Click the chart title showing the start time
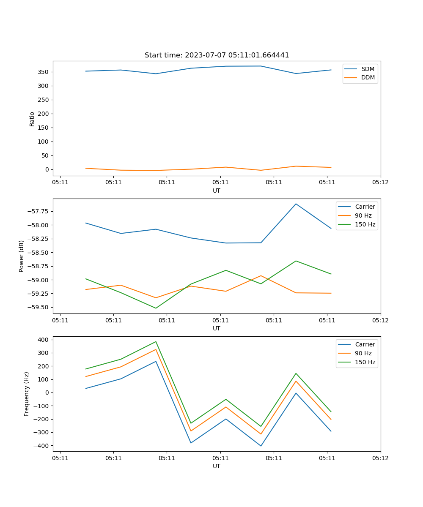(x=217, y=55)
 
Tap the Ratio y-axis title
(x=32, y=119)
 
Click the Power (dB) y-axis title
(x=22, y=256)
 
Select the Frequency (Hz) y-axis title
(x=27, y=394)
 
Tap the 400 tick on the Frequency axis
(x=44, y=339)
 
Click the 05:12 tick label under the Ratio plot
(x=380, y=183)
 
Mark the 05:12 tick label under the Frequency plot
(x=380, y=458)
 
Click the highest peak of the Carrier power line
(x=296, y=204)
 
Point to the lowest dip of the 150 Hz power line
(x=156, y=308)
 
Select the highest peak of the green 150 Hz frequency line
(x=156, y=342)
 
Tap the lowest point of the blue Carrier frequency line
(x=261, y=446)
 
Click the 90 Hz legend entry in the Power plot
(x=363, y=215)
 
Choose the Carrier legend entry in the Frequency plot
(x=365, y=344)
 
